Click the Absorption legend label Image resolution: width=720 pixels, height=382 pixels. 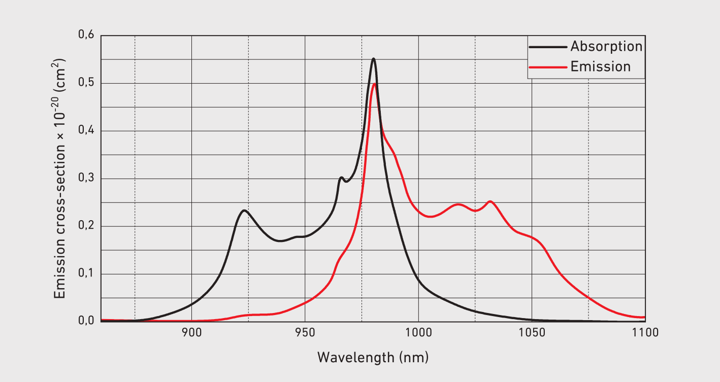coord(606,47)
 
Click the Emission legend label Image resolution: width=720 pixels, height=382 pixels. coord(600,67)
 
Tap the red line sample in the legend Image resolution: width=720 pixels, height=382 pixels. coord(547,67)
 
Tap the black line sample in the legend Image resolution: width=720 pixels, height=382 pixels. coord(547,47)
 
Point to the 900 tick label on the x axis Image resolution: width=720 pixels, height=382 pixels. coord(191,333)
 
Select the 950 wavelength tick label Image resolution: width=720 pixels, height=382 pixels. coord(305,333)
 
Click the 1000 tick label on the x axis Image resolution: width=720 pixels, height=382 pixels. coord(418,333)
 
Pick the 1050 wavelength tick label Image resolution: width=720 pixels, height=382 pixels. coord(532,333)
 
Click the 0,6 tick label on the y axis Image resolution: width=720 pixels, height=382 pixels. coord(86,36)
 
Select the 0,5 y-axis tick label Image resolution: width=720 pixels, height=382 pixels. coord(86,83)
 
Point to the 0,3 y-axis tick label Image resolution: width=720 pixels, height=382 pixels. coord(86,179)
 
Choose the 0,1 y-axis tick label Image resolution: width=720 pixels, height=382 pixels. coord(86,274)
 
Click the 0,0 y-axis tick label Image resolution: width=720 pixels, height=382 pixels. coord(86,321)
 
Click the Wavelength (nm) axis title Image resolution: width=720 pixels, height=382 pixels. coord(373,357)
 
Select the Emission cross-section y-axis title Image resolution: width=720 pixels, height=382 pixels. coord(61,178)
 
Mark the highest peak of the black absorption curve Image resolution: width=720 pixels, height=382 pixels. coord(374,59)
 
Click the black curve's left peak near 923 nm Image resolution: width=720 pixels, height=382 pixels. coord(244,210)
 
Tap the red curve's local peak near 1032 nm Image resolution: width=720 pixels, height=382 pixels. coord(490,201)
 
